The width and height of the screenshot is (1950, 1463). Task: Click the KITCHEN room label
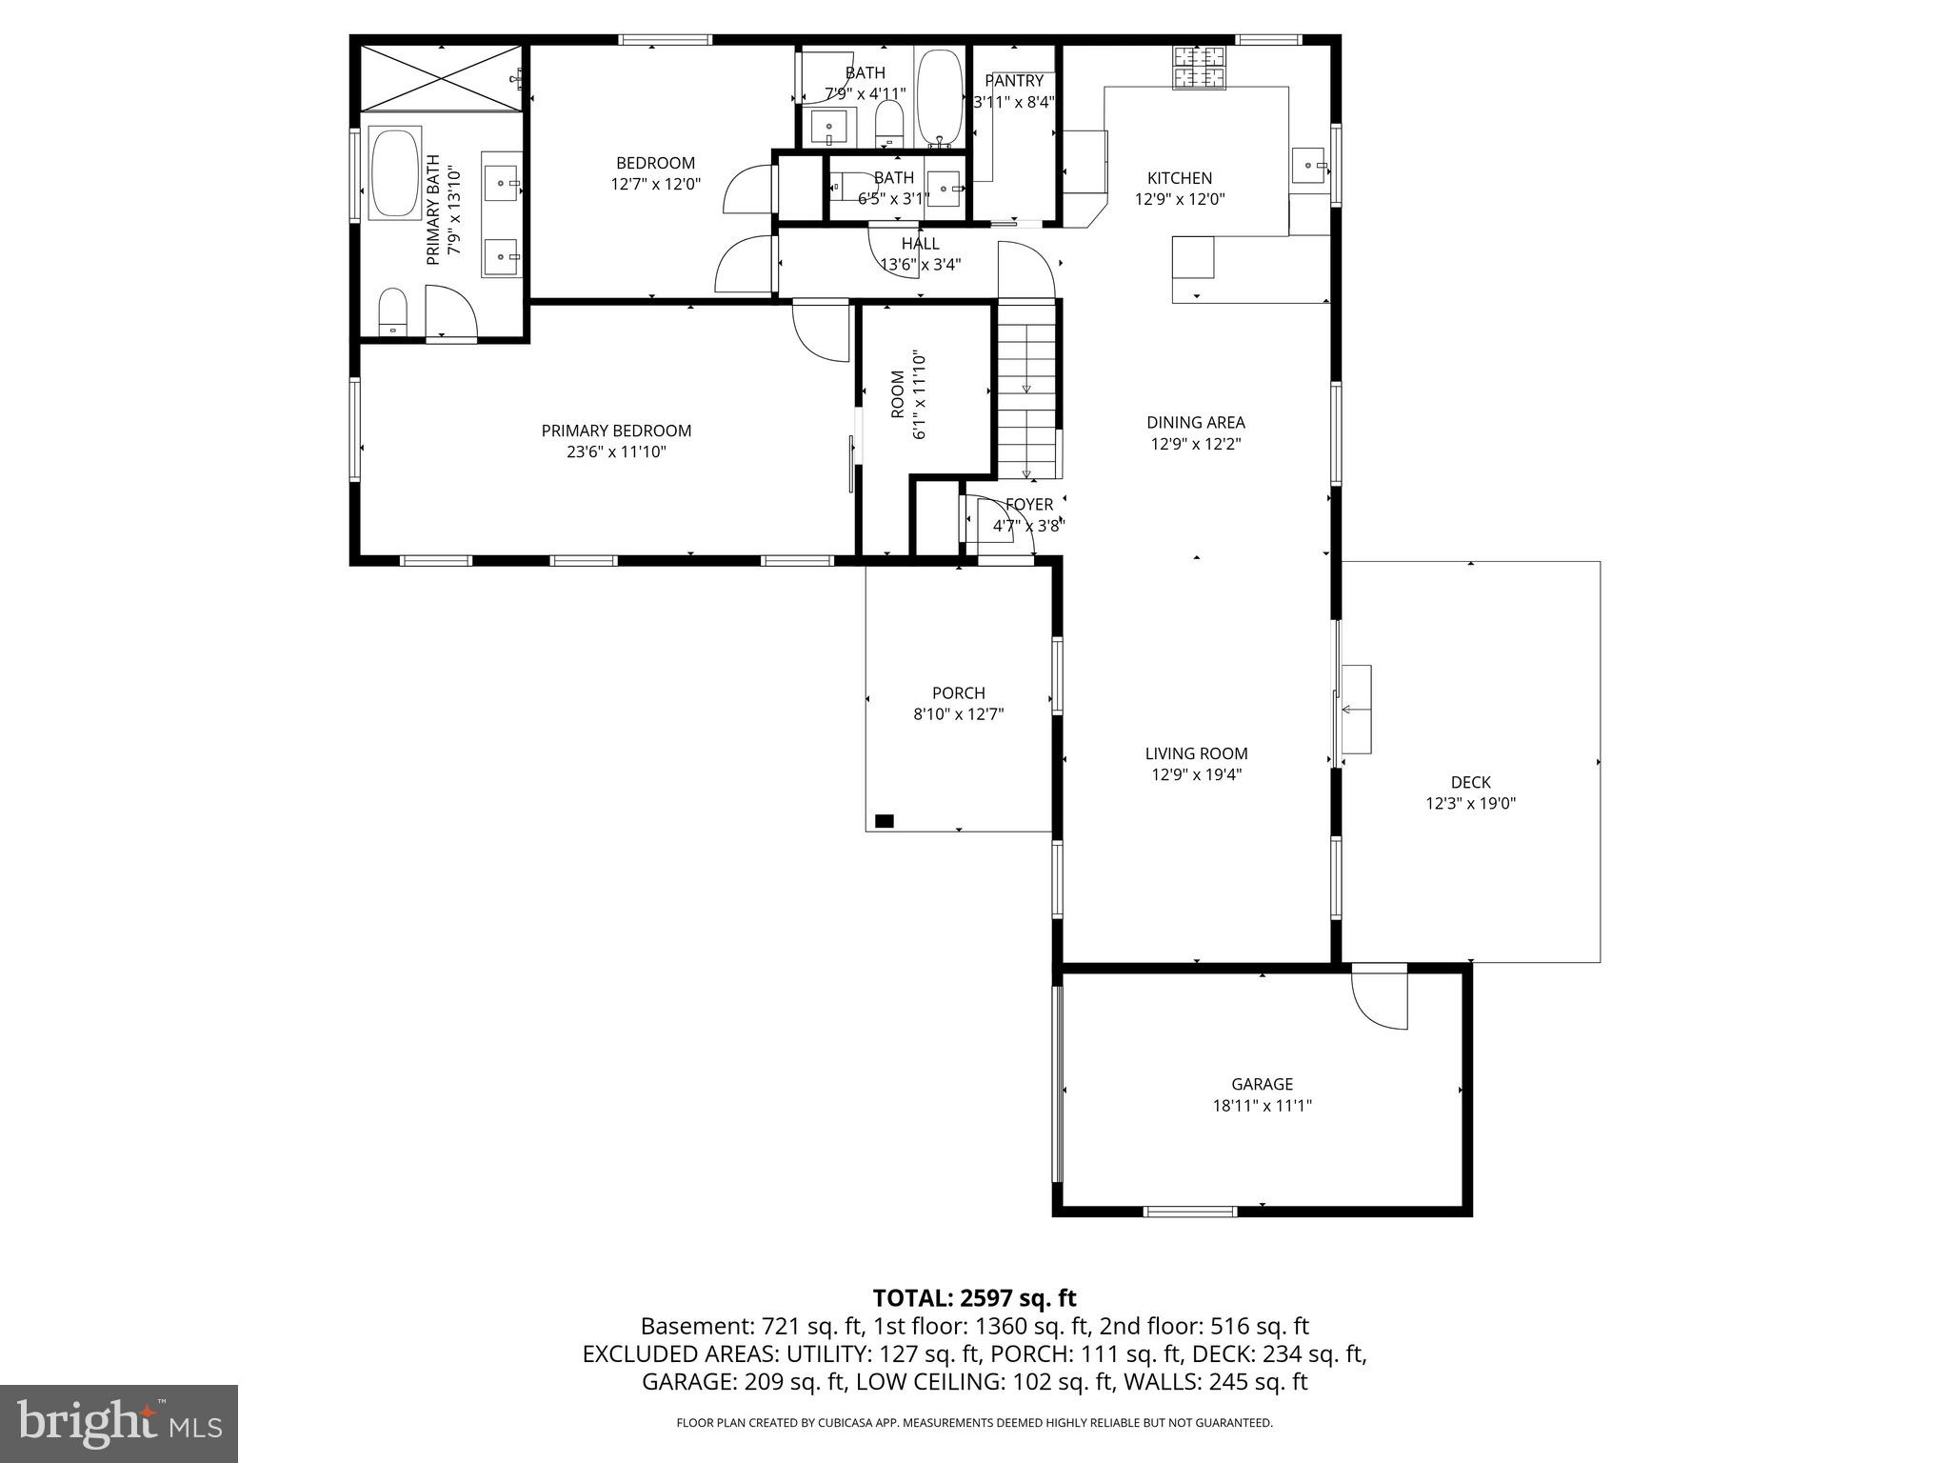pos(1179,178)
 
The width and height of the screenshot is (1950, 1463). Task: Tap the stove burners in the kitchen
pos(1200,67)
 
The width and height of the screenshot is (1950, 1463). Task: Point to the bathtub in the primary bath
pos(394,173)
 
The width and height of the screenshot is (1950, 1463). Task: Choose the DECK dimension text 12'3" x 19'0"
pos(1469,803)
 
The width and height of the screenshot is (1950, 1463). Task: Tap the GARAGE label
pos(1262,1084)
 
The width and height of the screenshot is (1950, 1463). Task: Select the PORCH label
pos(958,692)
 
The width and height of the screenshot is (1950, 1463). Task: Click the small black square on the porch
pos(885,820)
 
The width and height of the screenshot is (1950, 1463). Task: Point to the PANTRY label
pos(1014,81)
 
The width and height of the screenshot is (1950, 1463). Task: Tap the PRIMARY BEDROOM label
pos(616,431)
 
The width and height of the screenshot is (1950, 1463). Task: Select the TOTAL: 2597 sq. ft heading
pos(974,1297)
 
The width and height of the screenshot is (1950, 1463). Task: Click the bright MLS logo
pos(119,1424)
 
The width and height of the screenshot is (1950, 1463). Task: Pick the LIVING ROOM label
pos(1196,753)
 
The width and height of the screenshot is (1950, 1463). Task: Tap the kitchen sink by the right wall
pos(1310,166)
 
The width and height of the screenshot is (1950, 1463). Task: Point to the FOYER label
pos(1029,504)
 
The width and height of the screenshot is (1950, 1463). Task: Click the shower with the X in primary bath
pos(441,76)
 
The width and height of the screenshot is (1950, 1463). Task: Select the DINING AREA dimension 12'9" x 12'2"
pos(1196,443)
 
